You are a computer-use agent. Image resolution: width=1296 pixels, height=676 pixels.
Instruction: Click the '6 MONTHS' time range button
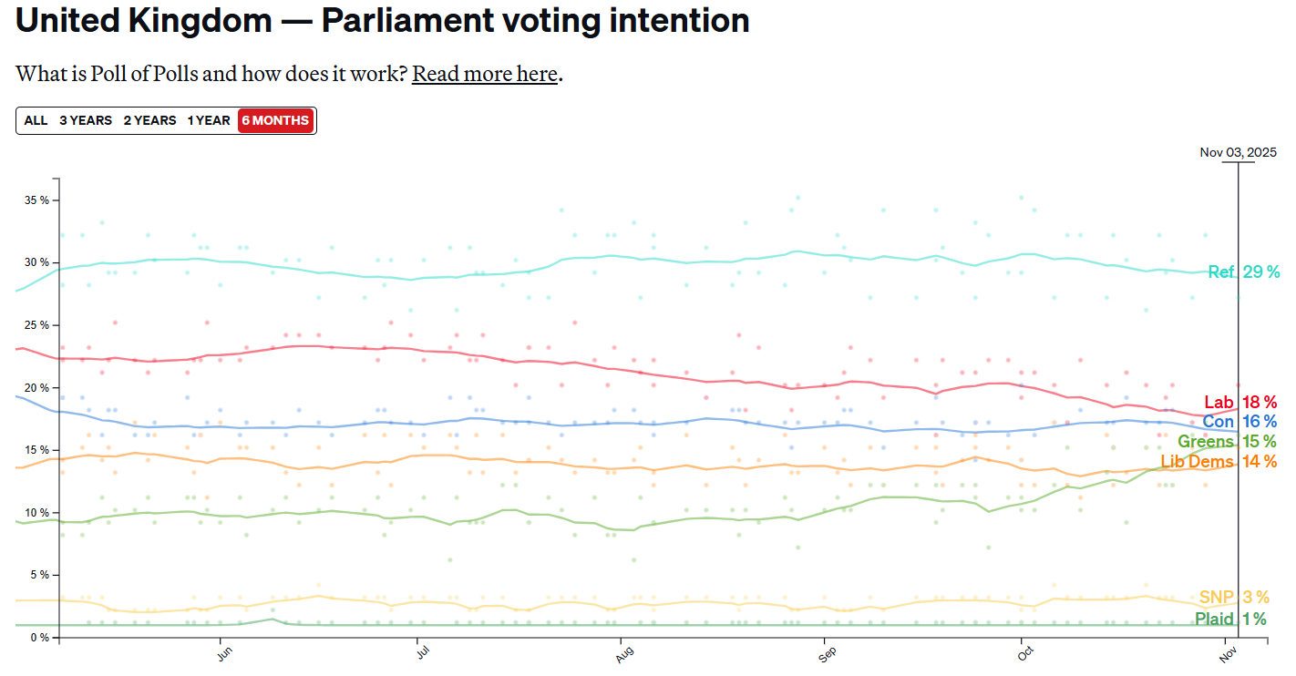[x=276, y=120]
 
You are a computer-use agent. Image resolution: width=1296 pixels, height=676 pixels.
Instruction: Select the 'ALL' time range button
[x=36, y=120]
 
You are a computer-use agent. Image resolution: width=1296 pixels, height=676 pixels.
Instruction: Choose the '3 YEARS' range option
[x=86, y=120]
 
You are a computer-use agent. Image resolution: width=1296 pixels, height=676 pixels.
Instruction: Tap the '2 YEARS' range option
[x=149, y=120]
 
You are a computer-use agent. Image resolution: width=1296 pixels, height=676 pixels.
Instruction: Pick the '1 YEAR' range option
[x=209, y=120]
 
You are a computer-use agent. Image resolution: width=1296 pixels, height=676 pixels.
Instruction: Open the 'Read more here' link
[x=484, y=74]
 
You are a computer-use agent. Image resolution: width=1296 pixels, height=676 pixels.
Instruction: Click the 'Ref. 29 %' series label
[x=1243, y=271]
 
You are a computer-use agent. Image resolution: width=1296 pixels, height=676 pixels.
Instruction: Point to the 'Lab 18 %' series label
[x=1240, y=402]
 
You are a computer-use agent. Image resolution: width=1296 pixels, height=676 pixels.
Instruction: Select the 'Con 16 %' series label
[x=1239, y=422]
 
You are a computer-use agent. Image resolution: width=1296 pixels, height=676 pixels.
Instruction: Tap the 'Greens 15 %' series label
[x=1227, y=442]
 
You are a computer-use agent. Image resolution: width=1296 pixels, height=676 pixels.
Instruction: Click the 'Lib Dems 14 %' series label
[x=1219, y=462]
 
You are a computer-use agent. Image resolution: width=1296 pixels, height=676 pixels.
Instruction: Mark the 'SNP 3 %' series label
[x=1234, y=598]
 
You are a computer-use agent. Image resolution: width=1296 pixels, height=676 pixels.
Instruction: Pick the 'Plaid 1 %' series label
[x=1230, y=620]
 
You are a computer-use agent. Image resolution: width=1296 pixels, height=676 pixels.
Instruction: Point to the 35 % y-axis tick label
[x=36, y=200]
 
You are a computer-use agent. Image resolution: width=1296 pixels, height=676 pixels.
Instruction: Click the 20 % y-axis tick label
[x=36, y=387]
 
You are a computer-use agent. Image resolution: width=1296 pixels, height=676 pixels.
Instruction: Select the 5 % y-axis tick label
[x=38, y=575]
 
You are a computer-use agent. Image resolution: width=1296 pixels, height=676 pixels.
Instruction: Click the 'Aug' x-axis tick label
[x=624, y=655]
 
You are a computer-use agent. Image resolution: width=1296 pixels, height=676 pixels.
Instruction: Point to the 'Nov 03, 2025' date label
[x=1238, y=152]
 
